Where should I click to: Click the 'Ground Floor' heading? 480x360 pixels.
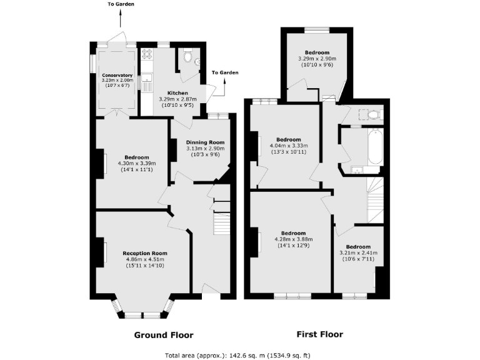[x=164, y=334]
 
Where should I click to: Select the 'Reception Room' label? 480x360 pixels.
[x=144, y=253]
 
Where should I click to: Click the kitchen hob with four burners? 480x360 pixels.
[x=148, y=54]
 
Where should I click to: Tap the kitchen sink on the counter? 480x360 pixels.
[x=147, y=79]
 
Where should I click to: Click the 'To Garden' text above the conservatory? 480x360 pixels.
[x=122, y=4]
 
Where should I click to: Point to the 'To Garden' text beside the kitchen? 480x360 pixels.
[x=225, y=72]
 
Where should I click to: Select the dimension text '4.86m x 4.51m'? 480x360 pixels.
[x=144, y=259]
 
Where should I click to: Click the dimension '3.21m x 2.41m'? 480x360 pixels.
[x=359, y=253]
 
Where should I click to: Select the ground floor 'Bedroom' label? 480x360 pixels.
[x=136, y=157]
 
